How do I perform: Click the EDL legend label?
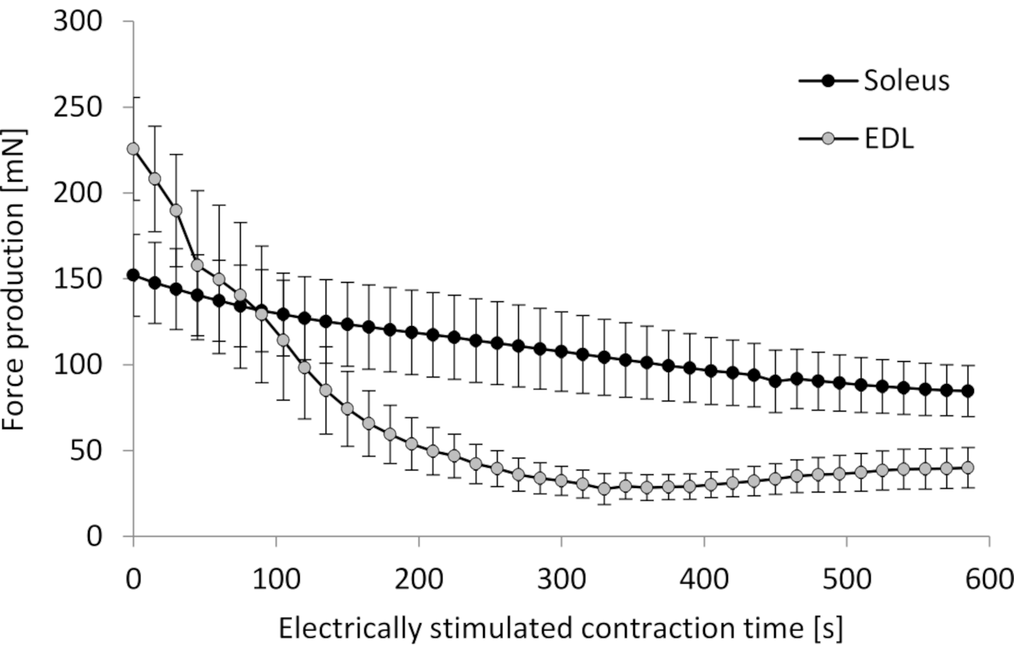[889, 139]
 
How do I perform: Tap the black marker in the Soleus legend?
[828, 81]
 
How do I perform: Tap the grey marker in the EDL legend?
[828, 139]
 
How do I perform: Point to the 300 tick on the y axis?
[78, 21]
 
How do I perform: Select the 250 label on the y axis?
[78, 107]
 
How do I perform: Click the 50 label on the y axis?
[86, 451]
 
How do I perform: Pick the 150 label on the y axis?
[78, 279]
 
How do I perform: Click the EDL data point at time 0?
[133, 149]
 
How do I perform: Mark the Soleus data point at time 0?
[133, 275]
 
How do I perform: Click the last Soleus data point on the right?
[968, 391]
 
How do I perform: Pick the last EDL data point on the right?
[968, 468]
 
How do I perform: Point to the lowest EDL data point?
[604, 489]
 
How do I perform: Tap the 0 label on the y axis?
[95, 536]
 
